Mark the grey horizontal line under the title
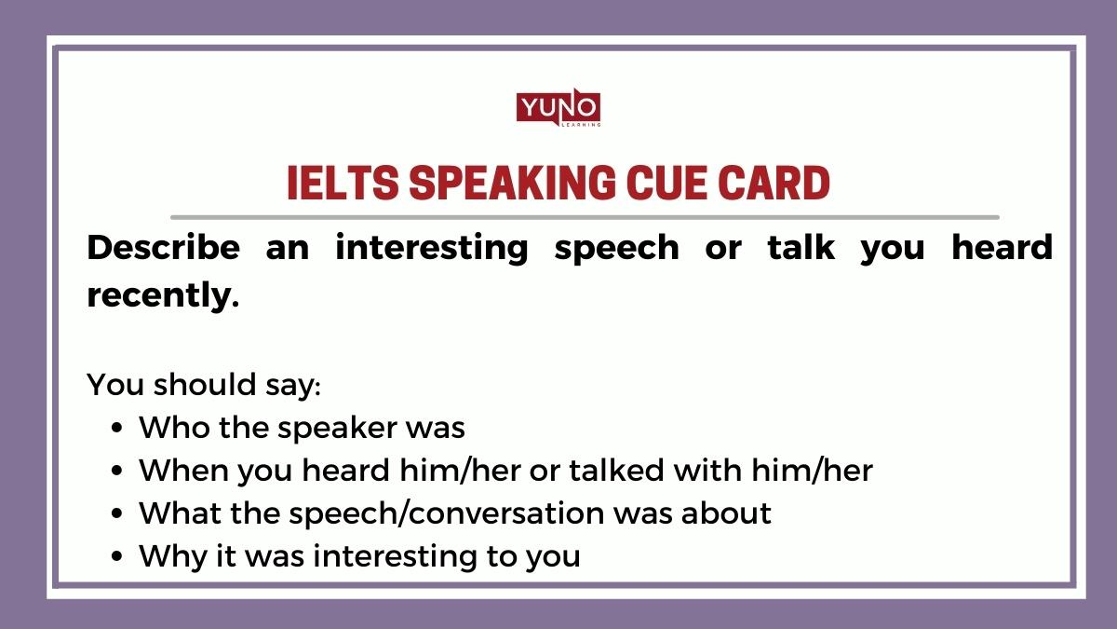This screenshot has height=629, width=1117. click(x=585, y=217)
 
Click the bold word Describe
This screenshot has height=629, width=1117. click(x=163, y=248)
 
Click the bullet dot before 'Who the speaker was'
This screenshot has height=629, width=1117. click(x=116, y=429)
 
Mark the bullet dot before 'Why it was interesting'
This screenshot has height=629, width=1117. click(x=116, y=557)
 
